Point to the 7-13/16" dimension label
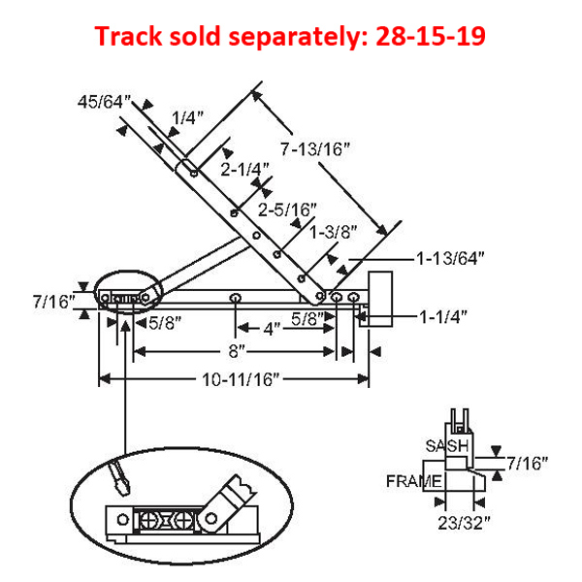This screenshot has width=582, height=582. point(314,149)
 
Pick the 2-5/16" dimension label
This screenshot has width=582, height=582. point(288,209)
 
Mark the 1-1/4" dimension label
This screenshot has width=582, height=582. point(444,316)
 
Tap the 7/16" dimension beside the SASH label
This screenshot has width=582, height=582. point(528,464)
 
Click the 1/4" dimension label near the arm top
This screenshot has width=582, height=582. point(188,118)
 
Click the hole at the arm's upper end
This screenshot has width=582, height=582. point(194,173)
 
